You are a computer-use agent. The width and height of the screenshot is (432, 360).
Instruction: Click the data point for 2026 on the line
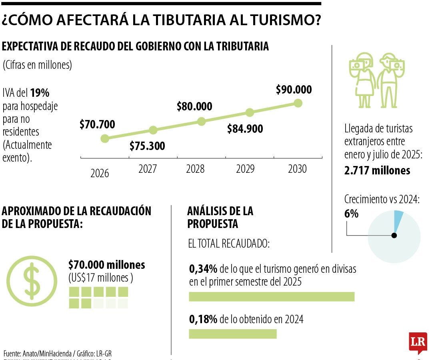105,138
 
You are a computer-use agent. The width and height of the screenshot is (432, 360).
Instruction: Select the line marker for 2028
201,121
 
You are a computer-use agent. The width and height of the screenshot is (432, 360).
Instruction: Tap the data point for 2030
298,103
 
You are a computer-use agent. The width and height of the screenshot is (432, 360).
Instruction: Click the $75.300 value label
147,146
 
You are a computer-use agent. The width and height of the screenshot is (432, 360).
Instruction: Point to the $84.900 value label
245,129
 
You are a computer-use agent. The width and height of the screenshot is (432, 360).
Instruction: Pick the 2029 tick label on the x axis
245,170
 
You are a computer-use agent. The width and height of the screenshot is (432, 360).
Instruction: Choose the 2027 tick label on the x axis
148,169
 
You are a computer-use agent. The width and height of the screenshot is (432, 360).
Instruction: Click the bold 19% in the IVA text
40,93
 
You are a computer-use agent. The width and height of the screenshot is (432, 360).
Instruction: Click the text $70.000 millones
106,265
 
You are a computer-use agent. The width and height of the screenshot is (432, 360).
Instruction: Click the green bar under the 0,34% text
272,296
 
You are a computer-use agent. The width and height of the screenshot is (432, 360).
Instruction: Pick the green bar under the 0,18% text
232,334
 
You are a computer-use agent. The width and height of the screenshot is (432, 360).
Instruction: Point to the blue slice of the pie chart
398,218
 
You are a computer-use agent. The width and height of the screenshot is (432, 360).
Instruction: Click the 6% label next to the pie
351,214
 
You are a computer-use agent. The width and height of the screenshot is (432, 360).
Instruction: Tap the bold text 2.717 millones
377,170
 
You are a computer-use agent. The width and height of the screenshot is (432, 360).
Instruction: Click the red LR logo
418,342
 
